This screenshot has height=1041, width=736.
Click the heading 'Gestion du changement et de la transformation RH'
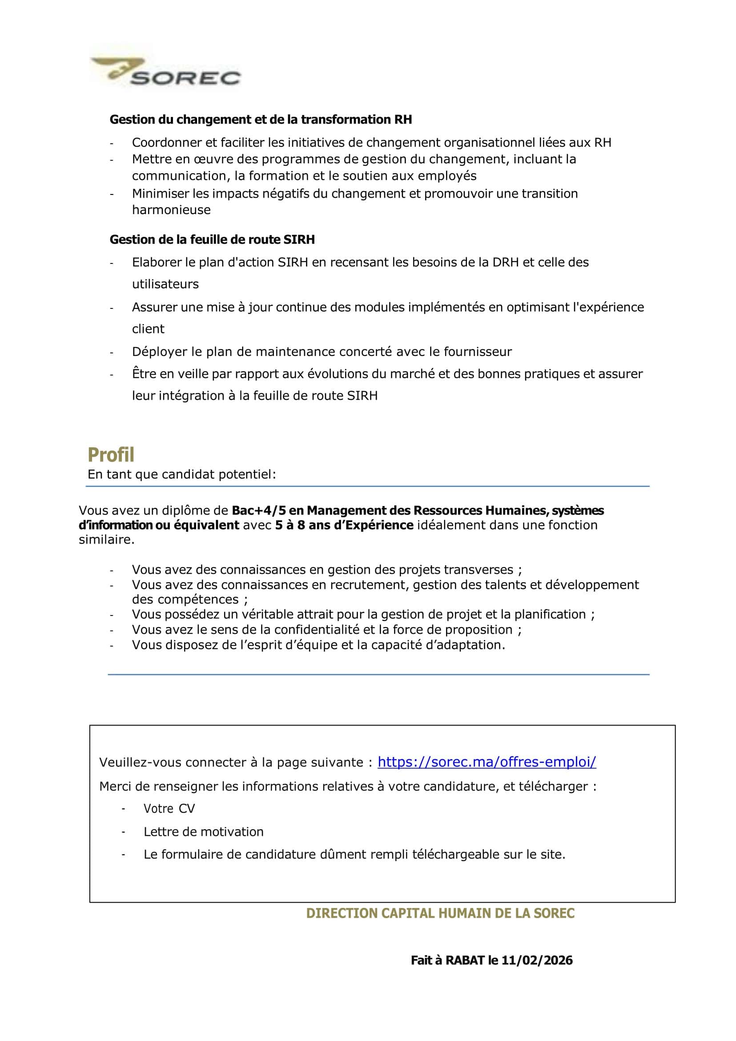[x=261, y=120]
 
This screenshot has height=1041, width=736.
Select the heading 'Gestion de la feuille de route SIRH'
[x=212, y=239]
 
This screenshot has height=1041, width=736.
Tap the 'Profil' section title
[x=111, y=454]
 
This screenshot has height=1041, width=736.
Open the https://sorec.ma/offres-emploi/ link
[x=487, y=762]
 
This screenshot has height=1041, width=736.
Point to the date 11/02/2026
[x=537, y=960]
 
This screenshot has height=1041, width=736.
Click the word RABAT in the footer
[x=465, y=960]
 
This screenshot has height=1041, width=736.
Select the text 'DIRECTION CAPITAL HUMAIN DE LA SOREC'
[x=440, y=913]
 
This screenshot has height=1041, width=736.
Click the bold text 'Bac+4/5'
[x=259, y=510]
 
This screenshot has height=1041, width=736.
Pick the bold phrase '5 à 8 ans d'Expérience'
[x=344, y=525]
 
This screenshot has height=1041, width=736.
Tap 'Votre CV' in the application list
[x=169, y=808]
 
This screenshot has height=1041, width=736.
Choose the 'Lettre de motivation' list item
[x=204, y=831]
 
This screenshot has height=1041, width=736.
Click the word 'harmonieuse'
[x=171, y=210]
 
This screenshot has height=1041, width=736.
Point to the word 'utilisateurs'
[x=165, y=284]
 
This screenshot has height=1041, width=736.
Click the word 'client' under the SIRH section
[x=148, y=329]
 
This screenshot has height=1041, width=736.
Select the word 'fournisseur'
[x=478, y=352]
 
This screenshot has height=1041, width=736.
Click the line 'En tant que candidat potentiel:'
[x=182, y=474]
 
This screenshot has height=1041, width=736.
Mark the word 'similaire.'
[x=106, y=540]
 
